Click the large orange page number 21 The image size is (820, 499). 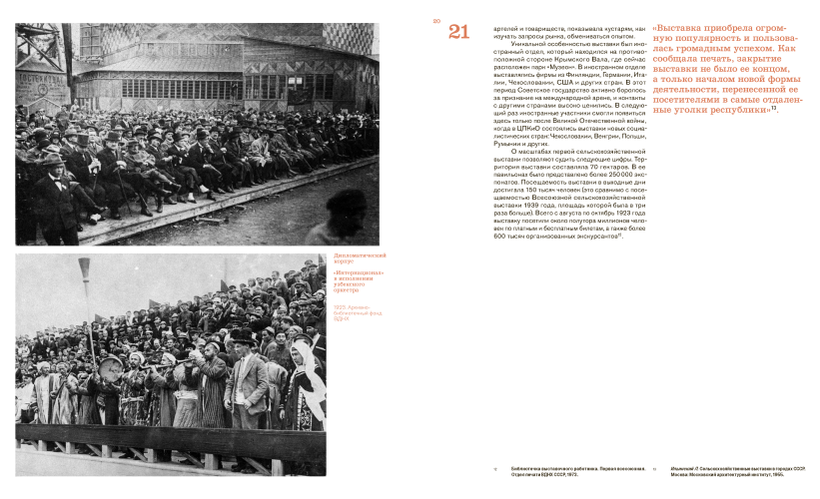pyautogui.click(x=458, y=32)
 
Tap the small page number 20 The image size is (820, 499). pyautogui.click(x=436, y=20)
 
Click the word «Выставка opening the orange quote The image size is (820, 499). pyautogui.click(x=681, y=28)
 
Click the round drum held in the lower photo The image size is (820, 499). pyautogui.click(x=109, y=364)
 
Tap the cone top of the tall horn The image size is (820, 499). pyautogui.click(x=84, y=266)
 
